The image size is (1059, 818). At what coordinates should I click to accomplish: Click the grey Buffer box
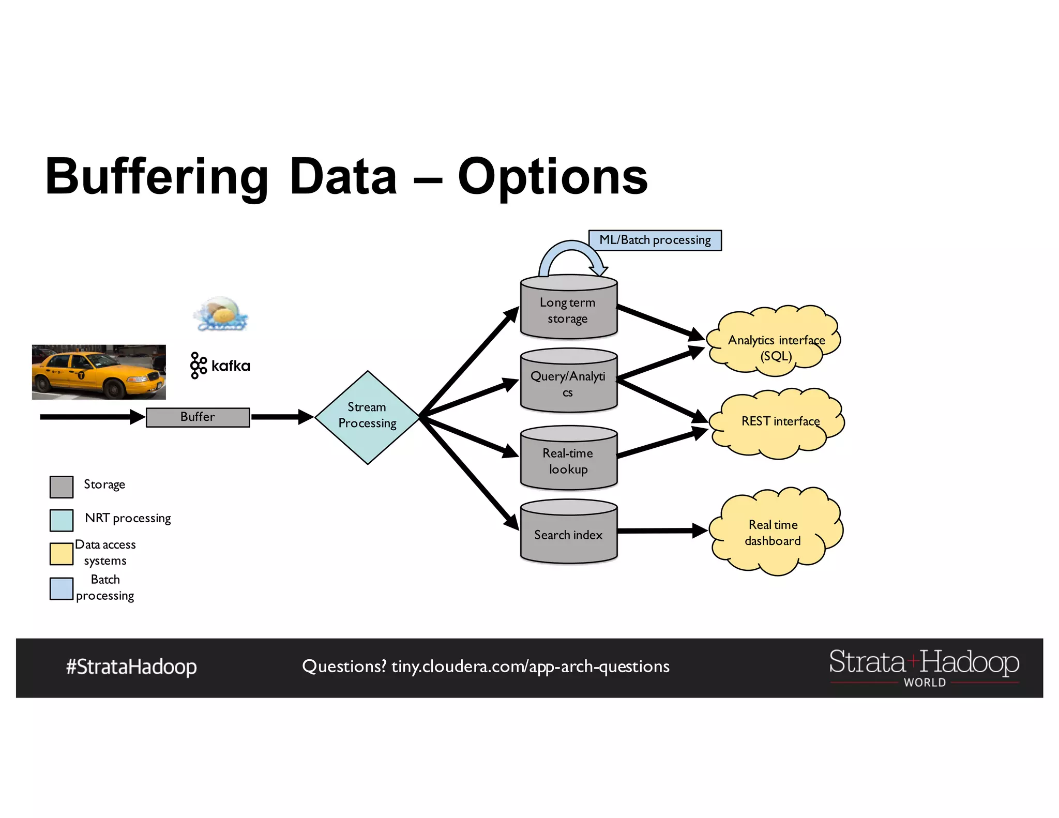tap(198, 417)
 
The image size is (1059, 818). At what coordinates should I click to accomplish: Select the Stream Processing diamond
tap(367, 417)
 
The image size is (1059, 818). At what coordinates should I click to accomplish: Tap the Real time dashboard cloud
tap(774, 533)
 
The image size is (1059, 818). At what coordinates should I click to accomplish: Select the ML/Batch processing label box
tap(655, 240)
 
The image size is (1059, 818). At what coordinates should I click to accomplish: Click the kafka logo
tap(220, 366)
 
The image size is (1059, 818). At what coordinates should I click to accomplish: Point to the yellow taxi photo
tap(99, 372)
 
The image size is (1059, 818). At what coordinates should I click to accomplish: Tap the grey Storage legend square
tap(62, 487)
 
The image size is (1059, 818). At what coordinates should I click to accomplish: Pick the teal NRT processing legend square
tap(62, 521)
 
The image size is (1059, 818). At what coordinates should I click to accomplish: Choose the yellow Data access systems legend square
tap(62, 554)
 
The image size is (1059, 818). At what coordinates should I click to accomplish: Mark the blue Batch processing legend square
tap(62, 589)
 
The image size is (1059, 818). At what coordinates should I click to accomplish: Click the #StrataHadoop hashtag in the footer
tap(131, 667)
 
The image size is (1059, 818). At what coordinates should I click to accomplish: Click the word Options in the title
tap(552, 177)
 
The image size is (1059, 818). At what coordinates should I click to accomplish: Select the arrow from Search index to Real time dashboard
tap(662, 531)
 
